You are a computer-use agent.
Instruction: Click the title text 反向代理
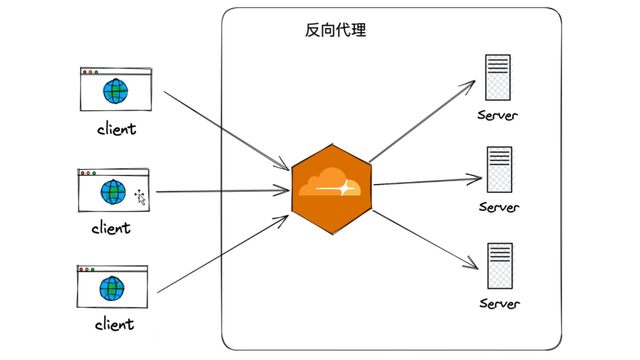click(x=335, y=30)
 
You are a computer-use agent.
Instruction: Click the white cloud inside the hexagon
click(x=330, y=183)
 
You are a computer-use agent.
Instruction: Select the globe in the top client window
click(x=115, y=91)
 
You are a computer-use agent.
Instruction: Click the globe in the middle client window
click(x=113, y=192)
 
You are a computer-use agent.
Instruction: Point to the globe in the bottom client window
click(x=112, y=288)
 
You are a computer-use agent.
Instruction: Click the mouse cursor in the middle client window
click(x=140, y=197)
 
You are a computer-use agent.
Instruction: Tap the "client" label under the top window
click(x=116, y=129)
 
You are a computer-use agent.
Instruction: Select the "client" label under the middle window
click(x=111, y=228)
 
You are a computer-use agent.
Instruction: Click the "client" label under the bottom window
click(x=114, y=324)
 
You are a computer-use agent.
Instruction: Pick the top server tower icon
click(x=497, y=77)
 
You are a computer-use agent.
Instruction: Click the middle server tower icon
click(x=499, y=169)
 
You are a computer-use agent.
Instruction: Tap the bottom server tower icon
click(x=500, y=265)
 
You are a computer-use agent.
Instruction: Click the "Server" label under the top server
click(x=497, y=115)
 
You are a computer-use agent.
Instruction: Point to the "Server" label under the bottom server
click(x=500, y=303)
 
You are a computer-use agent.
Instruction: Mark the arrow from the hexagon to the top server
click(x=422, y=121)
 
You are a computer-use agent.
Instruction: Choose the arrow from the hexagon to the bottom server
click(x=425, y=239)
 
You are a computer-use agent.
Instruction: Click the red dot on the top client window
click(x=85, y=72)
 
